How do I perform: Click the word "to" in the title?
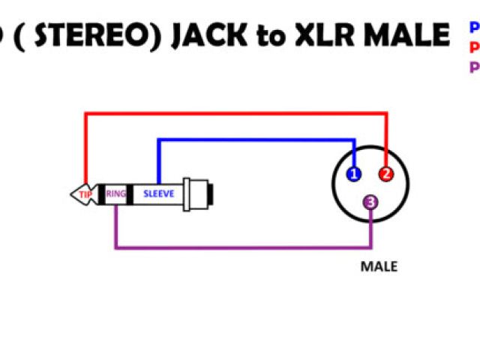(268, 36)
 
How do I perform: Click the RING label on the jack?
(116, 194)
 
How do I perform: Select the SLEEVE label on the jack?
(159, 194)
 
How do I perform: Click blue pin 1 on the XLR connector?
(354, 175)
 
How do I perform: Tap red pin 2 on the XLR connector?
(386, 175)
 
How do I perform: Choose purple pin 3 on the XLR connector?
(370, 202)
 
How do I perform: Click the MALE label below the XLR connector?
(379, 266)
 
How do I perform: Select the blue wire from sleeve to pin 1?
(255, 139)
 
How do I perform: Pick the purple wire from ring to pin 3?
(240, 247)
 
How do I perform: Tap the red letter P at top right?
(475, 48)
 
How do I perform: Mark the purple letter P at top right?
(475, 67)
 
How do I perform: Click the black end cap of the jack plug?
(214, 194)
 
